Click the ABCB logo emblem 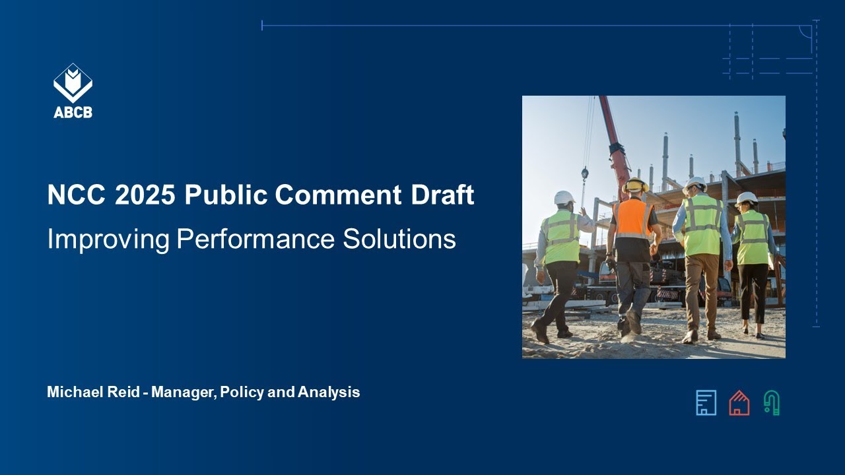[73, 83]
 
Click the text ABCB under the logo [73, 112]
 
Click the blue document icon [706, 402]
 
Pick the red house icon [739, 402]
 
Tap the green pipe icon [771, 402]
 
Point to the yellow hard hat [636, 185]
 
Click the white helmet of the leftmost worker [564, 197]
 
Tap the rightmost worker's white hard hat [747, 197]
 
